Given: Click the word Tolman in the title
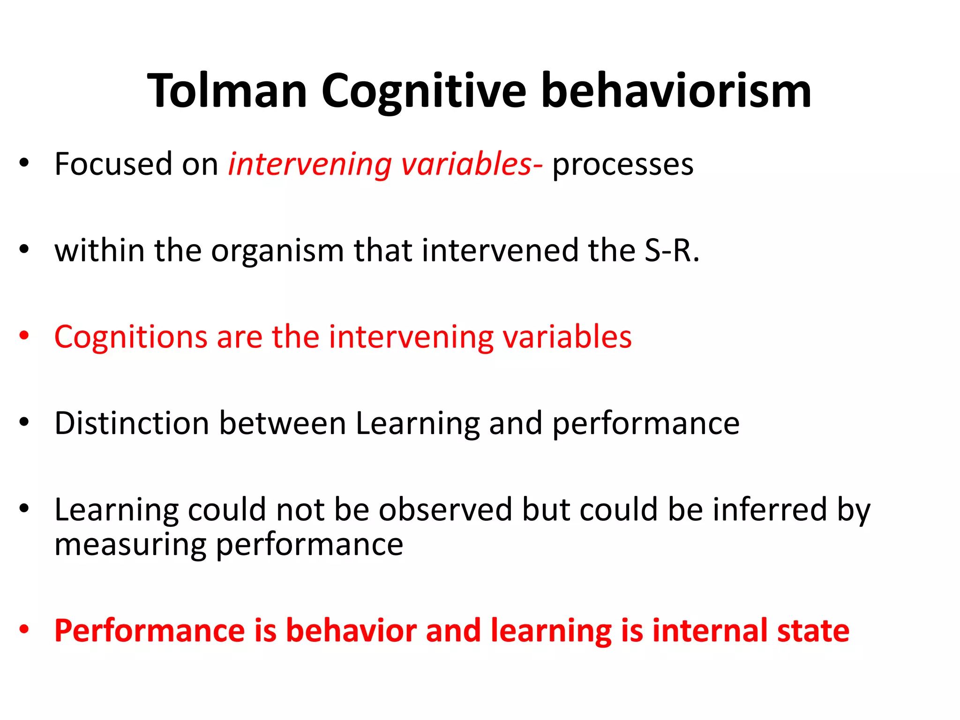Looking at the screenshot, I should pos(227,91).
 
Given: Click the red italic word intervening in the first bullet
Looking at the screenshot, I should pos(309,165).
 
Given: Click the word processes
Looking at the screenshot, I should pos(622,165).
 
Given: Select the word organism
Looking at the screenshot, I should pos(277,251).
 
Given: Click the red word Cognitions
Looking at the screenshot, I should pos(131,337).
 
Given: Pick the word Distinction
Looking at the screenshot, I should pos(132,423).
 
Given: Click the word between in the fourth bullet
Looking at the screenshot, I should pos(283,423).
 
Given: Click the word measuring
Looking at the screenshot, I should pos(130,545).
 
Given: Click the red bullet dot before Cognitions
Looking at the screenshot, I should pos(24,336).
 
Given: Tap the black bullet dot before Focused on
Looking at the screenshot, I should pos(24,163).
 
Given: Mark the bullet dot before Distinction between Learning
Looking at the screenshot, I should pos(24,422).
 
